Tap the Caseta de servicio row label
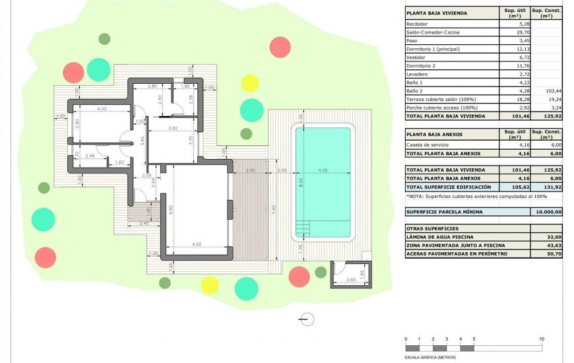[x=426, y=145]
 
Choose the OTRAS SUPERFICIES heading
[x=431, y=228]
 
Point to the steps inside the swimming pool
[x=303, y=228]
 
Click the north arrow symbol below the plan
[x=306, y=319]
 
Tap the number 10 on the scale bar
[x=542, y=339]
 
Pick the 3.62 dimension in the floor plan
[x=173, y=128]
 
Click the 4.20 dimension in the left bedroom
[x=102, y=108]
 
